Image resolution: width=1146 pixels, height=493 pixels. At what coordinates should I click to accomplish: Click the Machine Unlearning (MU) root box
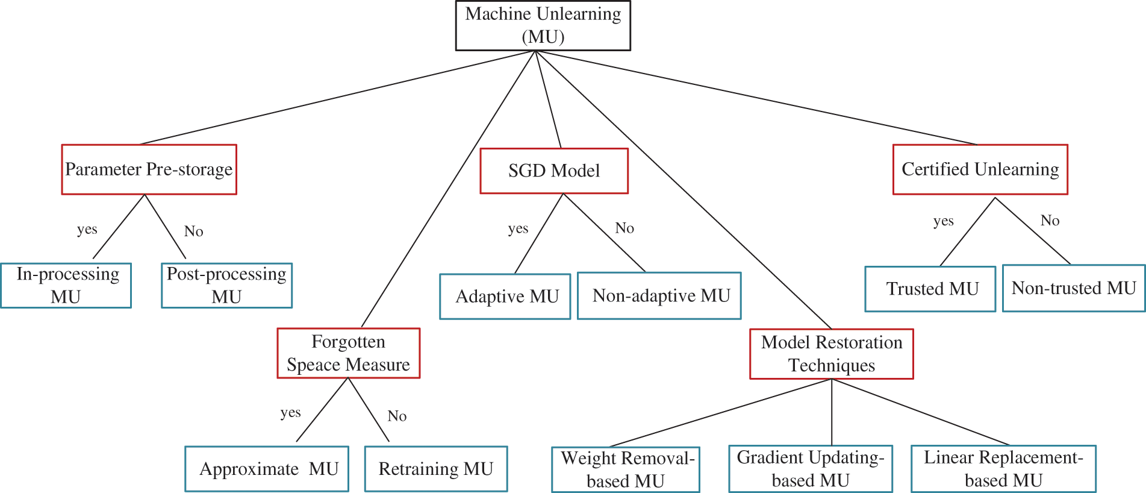click(543, 25)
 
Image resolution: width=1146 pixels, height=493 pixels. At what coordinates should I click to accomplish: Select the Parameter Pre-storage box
click(149, 169)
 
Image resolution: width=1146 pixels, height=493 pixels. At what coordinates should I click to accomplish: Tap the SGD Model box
click(553, 171)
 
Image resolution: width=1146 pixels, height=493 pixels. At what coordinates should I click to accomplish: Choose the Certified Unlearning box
click(980, 169)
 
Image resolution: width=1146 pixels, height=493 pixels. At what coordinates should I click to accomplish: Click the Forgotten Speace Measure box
click(348, 353)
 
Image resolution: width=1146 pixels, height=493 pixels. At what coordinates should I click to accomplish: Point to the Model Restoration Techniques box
click(831, 354)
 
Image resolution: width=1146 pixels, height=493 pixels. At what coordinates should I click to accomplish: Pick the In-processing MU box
click(66, 286)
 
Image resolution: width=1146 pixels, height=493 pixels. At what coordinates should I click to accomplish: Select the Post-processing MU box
click(226, 286)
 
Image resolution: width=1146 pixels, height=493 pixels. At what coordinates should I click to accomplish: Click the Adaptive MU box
click(505, 297)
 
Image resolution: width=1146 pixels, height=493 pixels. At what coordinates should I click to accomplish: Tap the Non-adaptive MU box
click(659, 296)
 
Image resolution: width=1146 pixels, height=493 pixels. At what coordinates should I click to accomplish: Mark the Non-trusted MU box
click(1073, 288)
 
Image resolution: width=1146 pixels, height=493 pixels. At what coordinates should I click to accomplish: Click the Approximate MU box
click(267, 469)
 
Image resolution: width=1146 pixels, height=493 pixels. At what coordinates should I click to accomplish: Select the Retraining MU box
click(435, 469)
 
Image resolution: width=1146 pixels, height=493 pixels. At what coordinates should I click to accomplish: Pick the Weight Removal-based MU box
click(626, 469)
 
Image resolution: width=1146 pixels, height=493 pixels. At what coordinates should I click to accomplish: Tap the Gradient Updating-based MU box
click(810, 469)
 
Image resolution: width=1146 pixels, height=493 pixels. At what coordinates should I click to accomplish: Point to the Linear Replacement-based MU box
click(1003, 469)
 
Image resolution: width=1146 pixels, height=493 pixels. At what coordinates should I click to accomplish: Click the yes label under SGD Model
click(518, 228)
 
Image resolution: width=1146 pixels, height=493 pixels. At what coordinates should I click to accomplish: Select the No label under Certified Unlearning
click(1050, 221)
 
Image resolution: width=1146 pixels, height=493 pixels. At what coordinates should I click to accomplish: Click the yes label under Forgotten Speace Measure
click(290, 413)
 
